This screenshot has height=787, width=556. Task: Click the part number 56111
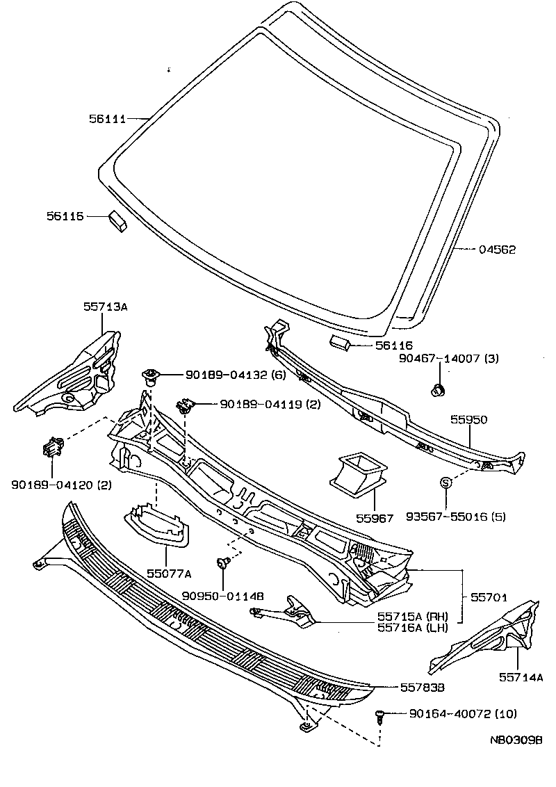tap(108, 119)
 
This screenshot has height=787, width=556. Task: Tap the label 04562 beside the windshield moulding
tap(497, 250)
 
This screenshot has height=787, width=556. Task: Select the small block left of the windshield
tap(117, 221)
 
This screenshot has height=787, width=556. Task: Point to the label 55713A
tap(106, 306)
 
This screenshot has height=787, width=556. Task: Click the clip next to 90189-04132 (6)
tap(151, 376)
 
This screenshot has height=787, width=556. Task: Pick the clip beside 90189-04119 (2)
tap(185, 405)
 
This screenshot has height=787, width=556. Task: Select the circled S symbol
tap(445, 482)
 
